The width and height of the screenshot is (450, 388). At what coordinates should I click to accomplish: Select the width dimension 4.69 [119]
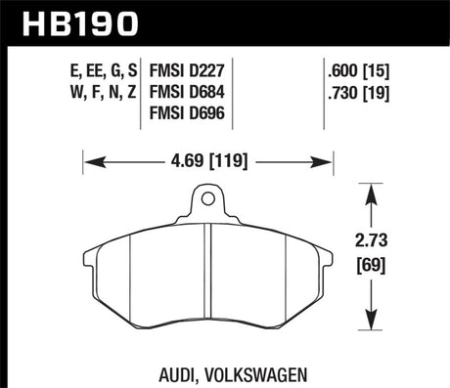tap(209, 154)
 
